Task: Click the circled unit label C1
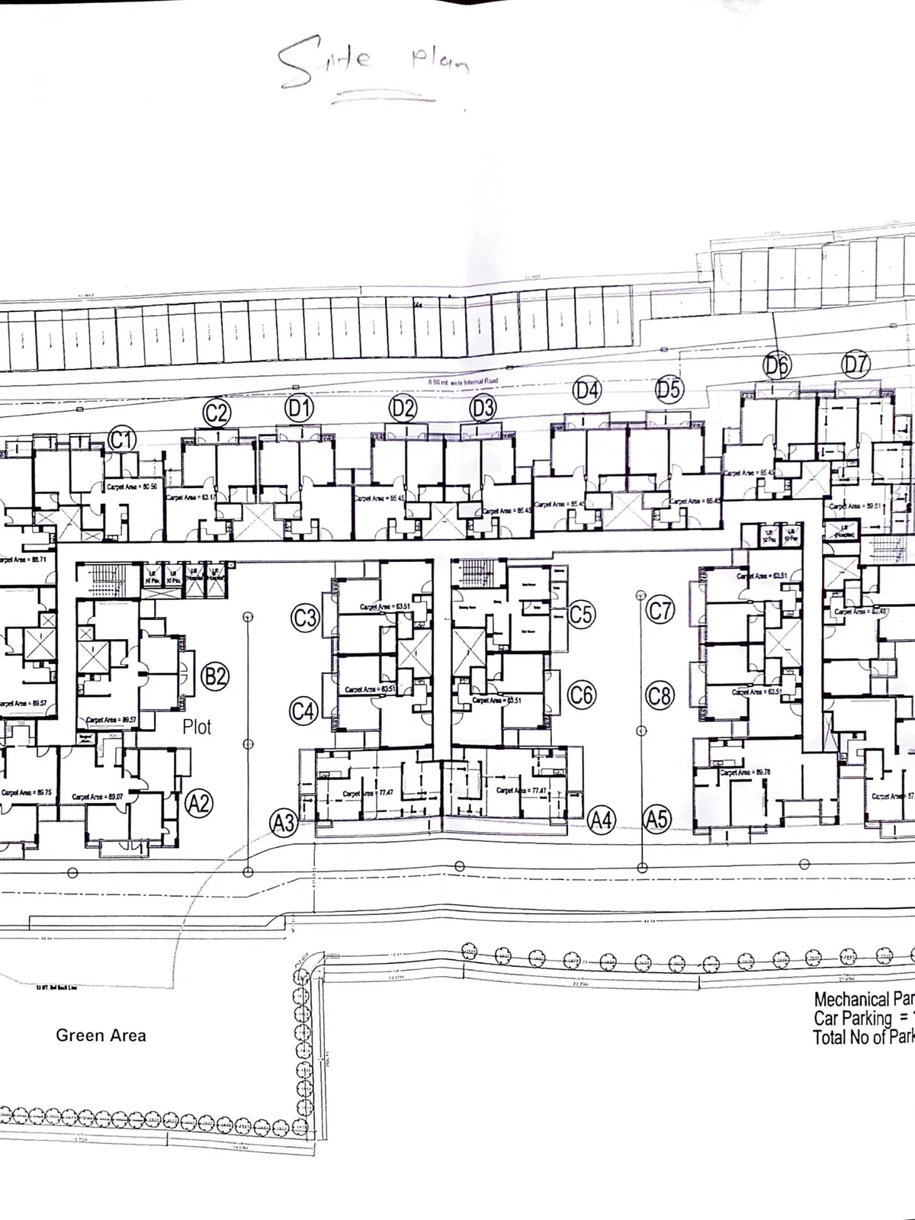(x=122, y=440)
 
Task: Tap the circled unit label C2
(x=217, y=413)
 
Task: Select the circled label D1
(x=299, y=409)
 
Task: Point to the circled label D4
(x=586, y=391)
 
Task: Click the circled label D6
(x=778, y=366)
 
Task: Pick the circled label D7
(x=856, y=364)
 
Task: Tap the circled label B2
(x=215, y=676)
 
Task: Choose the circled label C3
(x=305, y=617)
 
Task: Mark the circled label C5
(x=581, y=614)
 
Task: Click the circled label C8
(x=660, y=695)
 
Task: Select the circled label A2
(x=199, y=803)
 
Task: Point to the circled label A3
(x=284, y=823)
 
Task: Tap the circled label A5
(x=657, y=819)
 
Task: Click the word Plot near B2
(x=197, y=727)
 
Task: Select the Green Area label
(x=101, y=1035)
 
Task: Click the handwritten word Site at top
(x=324, y=61)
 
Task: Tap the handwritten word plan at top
(x=440, y=61)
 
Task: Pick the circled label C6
(x=582, y=695)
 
